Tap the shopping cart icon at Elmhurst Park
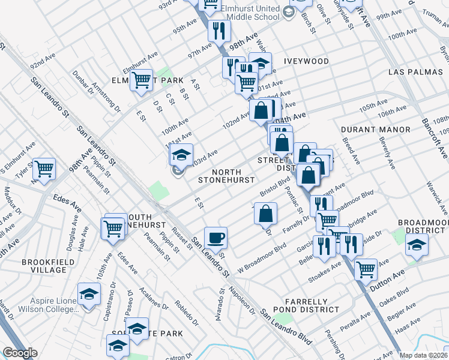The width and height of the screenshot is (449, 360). tap(141, 79)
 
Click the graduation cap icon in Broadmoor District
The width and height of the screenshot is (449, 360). tap(417, 244)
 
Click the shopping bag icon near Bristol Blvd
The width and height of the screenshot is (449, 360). tap(265, 213)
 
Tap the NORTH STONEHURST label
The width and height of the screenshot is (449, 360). tap(227, 175)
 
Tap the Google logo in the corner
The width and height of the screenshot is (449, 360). tap(20, 353)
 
